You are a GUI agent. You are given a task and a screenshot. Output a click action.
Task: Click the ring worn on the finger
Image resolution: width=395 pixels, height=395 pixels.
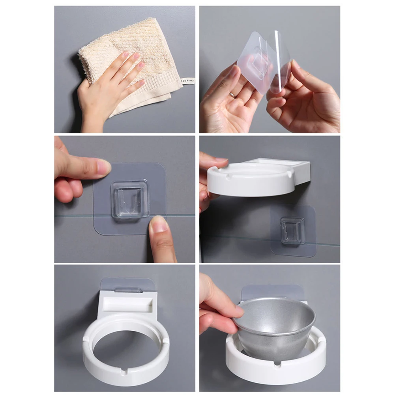point(232,95)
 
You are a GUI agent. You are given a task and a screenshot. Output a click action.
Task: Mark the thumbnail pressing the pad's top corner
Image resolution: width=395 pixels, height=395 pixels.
point(103,167)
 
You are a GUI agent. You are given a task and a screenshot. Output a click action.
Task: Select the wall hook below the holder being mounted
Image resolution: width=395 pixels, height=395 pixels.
point(292,230)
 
